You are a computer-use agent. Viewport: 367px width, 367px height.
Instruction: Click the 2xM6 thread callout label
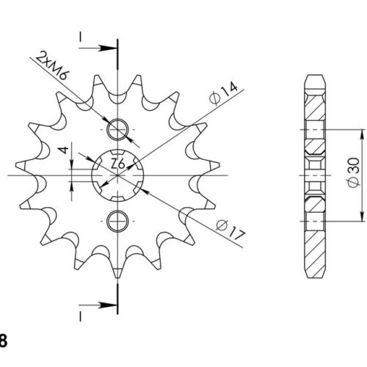click(x=52, y=65)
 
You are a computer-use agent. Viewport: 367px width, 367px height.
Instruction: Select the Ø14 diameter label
click(x=223, y=94)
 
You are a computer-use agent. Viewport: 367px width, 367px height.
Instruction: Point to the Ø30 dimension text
click(x=354, y=172)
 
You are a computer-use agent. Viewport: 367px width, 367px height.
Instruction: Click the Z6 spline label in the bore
click(x=118, y=164)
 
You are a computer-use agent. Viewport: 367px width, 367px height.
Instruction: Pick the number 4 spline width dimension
click(x=64, y=150)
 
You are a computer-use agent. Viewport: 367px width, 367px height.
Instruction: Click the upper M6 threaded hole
click(x=117, y=129)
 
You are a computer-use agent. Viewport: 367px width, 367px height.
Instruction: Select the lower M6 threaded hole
click(x=117, y=221)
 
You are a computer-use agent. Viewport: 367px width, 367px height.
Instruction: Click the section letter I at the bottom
click(x=80, y=316)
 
